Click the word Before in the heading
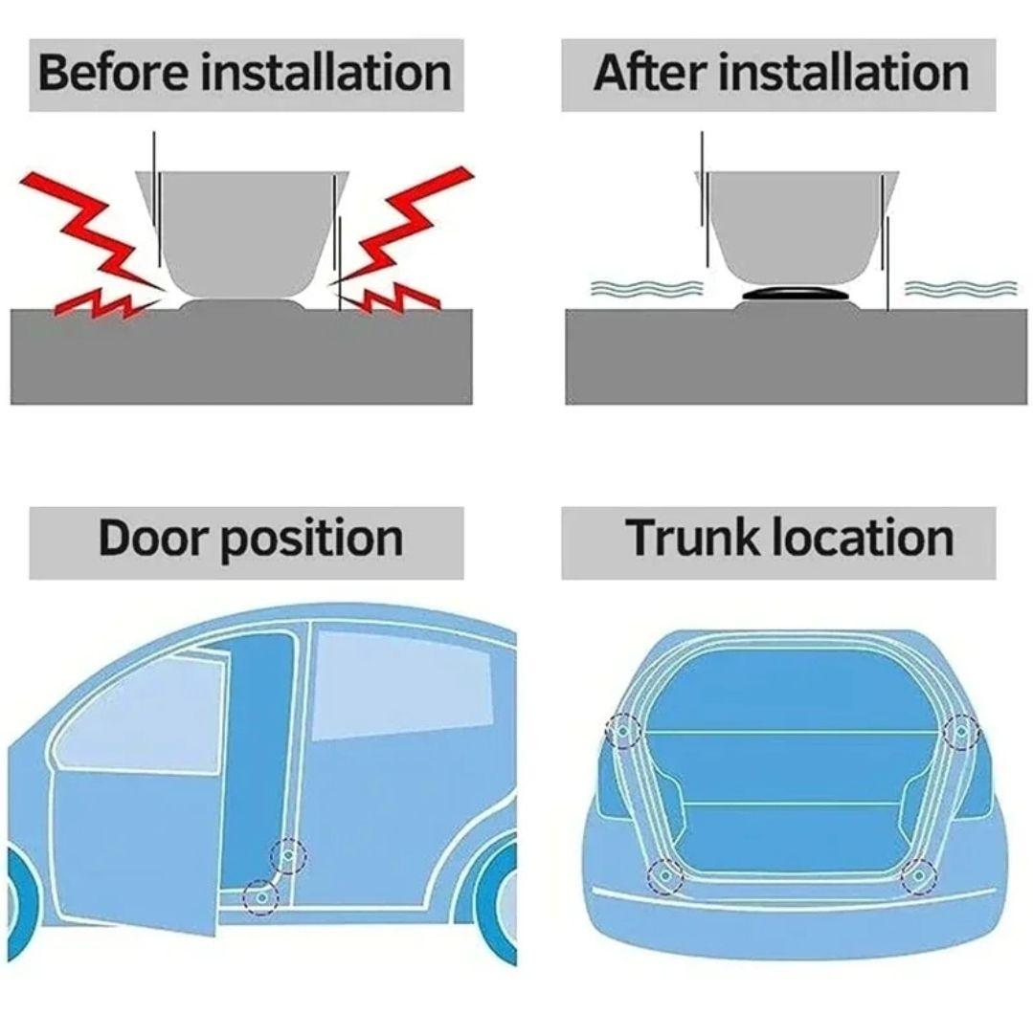coord(113,73)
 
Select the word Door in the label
coord(153,538)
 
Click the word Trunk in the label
coord(694,538)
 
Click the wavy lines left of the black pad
coord(646,288)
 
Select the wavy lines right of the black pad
coord(960,288)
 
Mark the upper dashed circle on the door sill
coord(288,856)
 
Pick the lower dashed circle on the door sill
coord(261,897)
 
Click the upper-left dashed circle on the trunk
coord(622,731)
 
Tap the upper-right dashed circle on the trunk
coord(961,731)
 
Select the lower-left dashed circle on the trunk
coord(664,876)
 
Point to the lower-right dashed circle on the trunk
coord(919,876)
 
